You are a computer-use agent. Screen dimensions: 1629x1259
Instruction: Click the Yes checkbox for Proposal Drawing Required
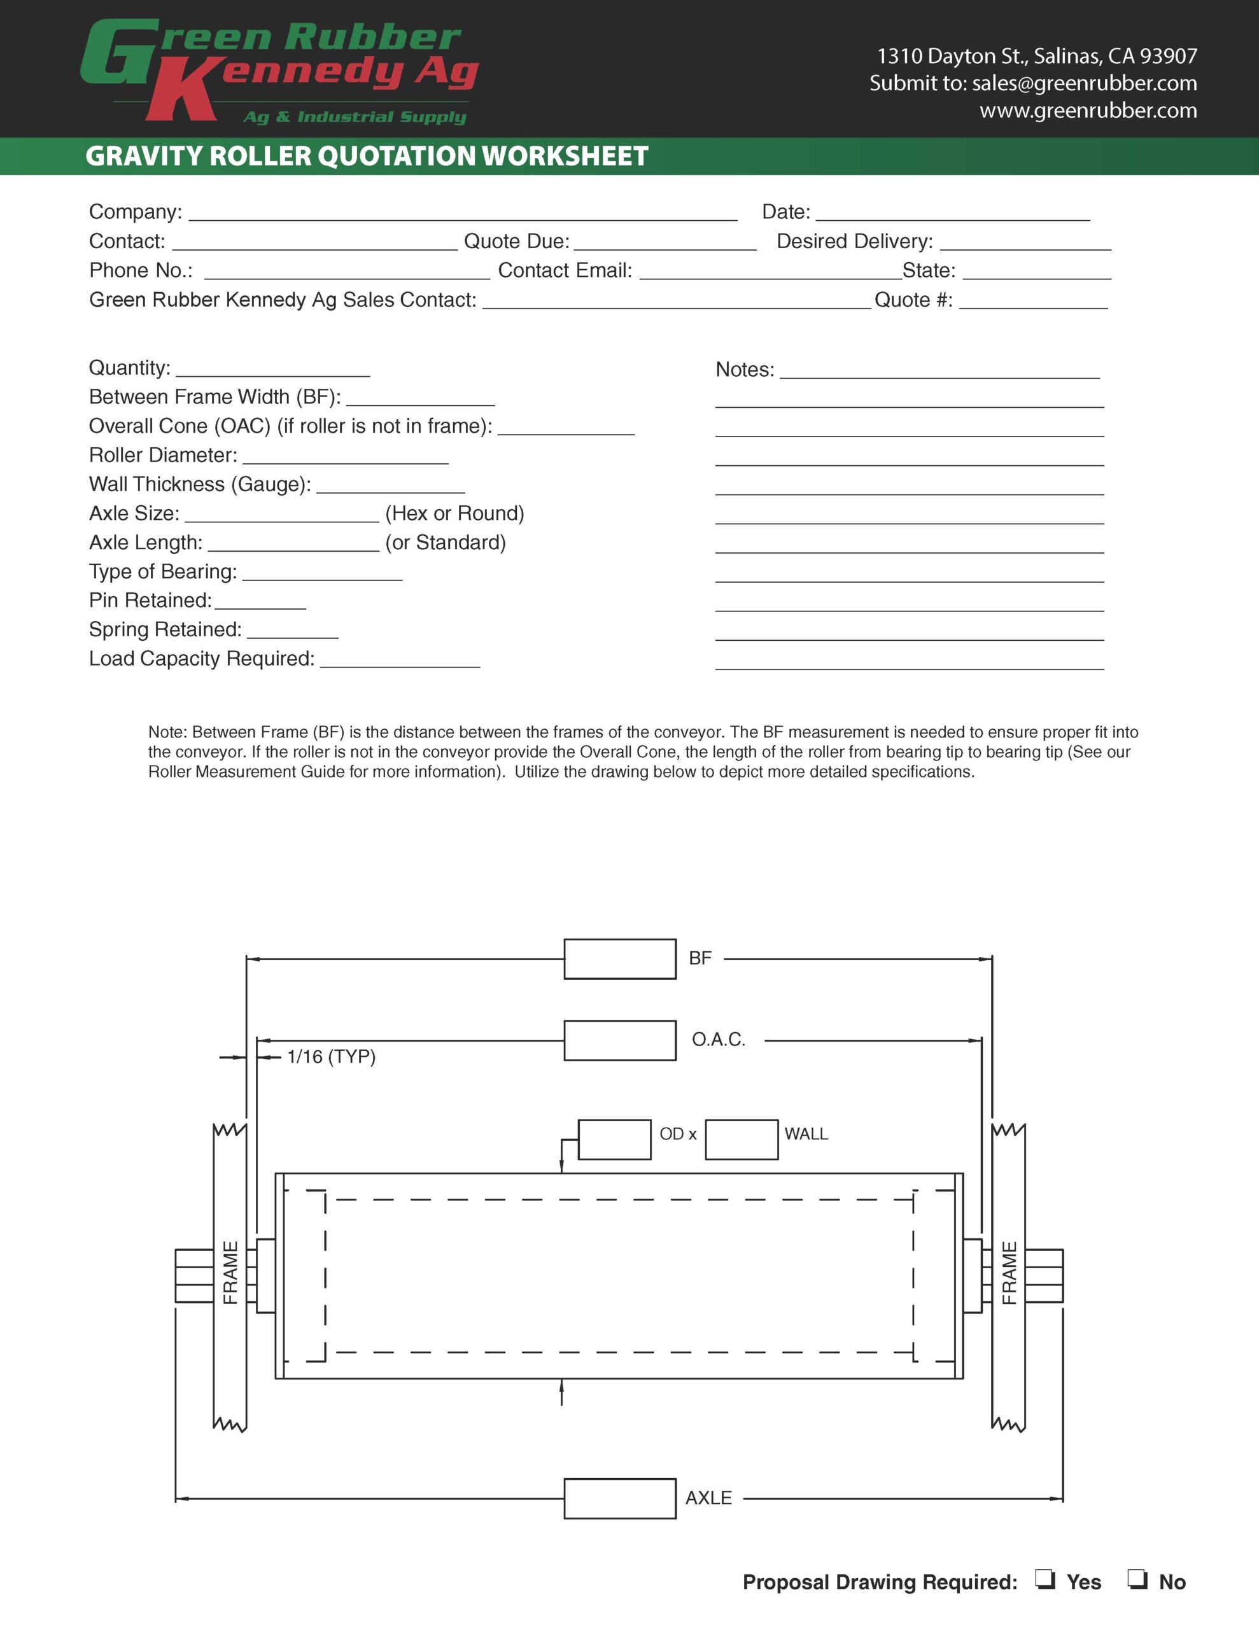[1044, 1579]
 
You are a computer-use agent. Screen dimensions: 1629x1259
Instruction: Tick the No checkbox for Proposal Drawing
[1137, 1579]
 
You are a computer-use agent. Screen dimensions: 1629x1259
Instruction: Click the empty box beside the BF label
[619, 958]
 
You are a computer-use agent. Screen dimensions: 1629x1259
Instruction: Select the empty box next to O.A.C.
[619, 1040]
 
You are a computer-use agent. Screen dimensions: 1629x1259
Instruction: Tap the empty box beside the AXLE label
[619, 1498]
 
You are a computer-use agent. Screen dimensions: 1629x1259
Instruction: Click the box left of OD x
[614, 1139]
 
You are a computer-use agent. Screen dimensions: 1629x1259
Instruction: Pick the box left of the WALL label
[741, 1139]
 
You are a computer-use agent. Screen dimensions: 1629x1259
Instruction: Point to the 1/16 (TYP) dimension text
[332, 1056]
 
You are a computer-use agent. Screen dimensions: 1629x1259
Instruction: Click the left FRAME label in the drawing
[230, 1273]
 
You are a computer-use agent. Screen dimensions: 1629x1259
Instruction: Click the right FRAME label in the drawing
[1009, 1273]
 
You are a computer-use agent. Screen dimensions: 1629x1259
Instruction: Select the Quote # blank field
[1033, 302]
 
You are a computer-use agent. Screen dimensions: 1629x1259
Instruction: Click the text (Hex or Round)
[454, 513]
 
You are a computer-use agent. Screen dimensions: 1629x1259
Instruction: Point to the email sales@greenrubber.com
[1085, 83]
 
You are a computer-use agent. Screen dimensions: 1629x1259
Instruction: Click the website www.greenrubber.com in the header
[1088, 110]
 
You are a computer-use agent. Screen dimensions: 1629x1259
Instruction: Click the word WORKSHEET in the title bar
[565, 156]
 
